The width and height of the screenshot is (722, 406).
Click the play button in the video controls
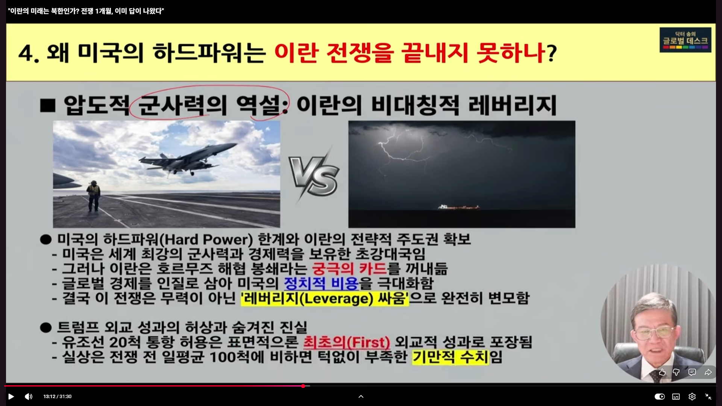pyautogui.click(x=11, y=396)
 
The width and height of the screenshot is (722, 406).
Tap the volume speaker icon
pyautogui.click(x=29, y=396)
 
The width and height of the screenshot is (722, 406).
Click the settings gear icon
pyautogui.click(x=692, y=396)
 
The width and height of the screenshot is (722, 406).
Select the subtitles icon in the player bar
pyautogui.click(x=676, y=396)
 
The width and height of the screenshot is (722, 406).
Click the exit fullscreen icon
pyautogui.click(x=708, y=396)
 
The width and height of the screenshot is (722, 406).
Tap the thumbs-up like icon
pyautogui.click(x=662, y=372)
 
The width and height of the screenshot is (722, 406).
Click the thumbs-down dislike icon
pyautogui.click(x=676, y=372)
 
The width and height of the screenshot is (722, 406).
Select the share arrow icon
pyautogui.click(x=708, y=372)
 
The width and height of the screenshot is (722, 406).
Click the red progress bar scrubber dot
pyautogui.click(x=303, y=386)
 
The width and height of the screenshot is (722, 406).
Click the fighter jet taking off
pyautogui.click(x=188, y=158)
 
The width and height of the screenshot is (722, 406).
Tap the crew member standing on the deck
pyautogui.click(x=94, y=196)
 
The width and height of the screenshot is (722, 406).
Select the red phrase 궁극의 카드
pyautogui.click(x=349, y=269)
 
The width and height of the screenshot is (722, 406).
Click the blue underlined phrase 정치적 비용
pyautogui.click(x=321, y=283)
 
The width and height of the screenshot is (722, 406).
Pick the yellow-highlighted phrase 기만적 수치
pyautogui.click(x=450, y=357)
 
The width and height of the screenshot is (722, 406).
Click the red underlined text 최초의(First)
pyautogui.click(x=347, y=342)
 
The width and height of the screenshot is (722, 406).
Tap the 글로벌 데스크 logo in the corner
pyautogui.click(x=685, y=39)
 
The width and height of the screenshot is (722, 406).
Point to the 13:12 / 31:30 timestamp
pyautogui.click(x=58, y=397)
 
